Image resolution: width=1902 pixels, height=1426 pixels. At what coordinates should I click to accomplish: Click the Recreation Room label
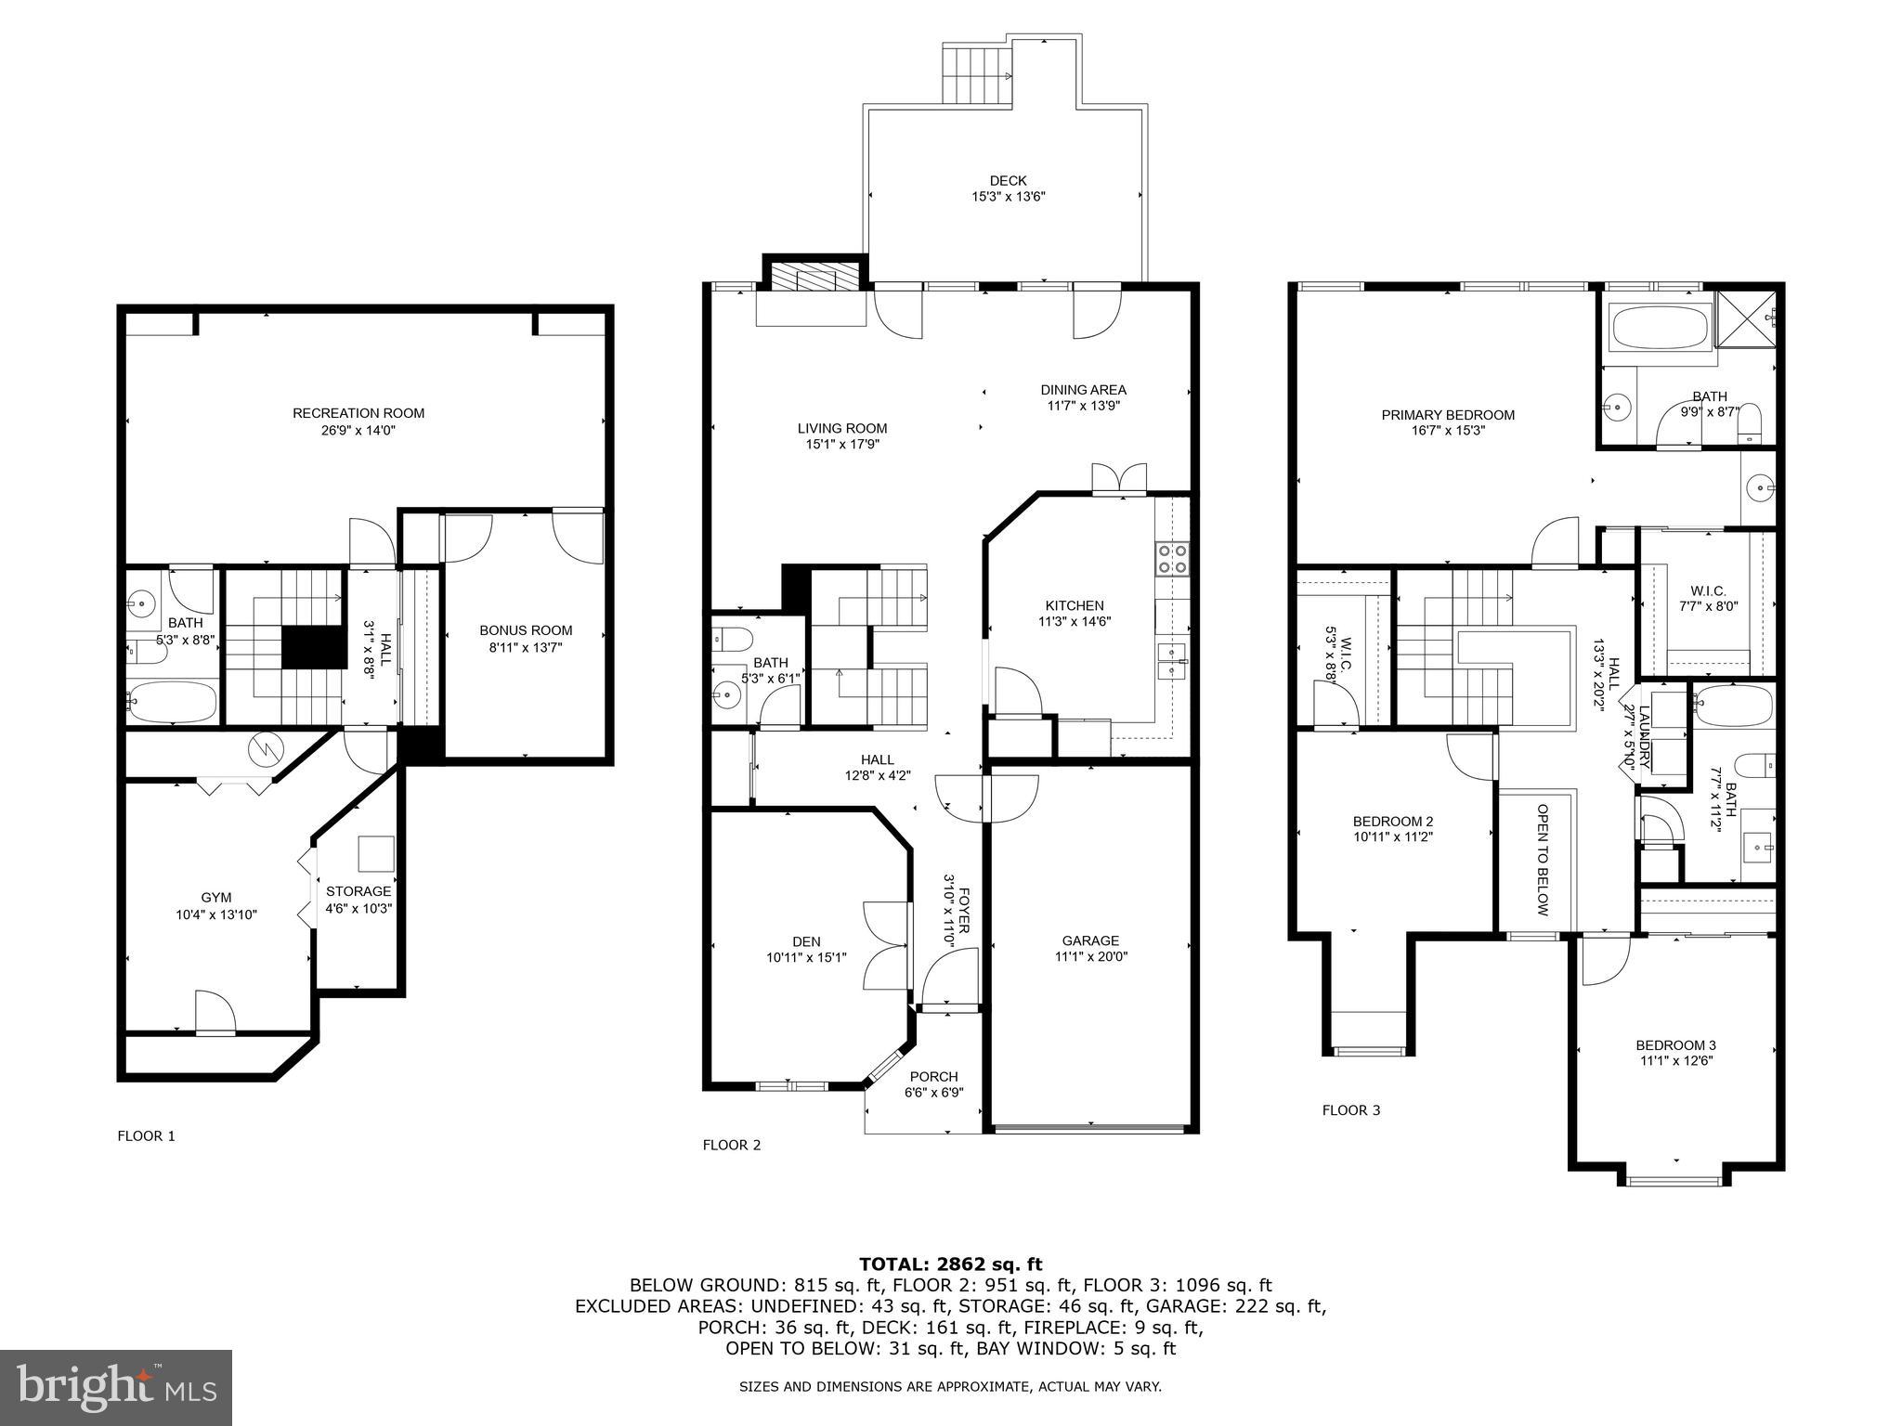[x=358, y=413]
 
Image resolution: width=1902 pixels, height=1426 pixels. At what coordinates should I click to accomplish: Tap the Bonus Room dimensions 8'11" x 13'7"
[x=526, y=647]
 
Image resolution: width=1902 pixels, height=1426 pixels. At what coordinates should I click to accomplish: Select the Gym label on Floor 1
[x=216, y=898]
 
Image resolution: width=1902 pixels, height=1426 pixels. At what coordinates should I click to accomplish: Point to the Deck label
[x=1008, y=180]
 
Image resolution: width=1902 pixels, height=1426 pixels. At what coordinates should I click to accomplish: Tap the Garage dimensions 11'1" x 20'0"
[x=1090, y=956]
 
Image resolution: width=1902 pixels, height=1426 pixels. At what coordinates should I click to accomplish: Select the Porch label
[x=933, y=1077]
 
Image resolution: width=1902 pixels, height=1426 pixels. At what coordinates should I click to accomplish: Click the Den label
[x=806, y=941]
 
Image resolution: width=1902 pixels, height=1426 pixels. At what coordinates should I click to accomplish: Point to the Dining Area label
[x=1083, y=390]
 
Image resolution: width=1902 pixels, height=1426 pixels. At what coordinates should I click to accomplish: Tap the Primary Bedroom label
[x=1448, y=415]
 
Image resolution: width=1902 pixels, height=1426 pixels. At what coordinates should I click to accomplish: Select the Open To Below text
[x=1542, y=860]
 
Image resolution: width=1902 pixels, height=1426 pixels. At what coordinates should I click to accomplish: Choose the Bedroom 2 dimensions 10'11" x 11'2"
[x=1393, y=836]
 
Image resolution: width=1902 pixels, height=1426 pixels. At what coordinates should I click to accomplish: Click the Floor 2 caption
[x=731, y=1145]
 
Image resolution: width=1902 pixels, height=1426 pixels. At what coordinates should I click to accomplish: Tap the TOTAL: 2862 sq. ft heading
[x=950, y=1264]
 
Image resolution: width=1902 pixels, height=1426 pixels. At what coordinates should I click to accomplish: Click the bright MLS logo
[x=116, y=1387]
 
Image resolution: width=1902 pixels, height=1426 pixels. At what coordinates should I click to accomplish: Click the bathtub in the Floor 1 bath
[x=173, y=702]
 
